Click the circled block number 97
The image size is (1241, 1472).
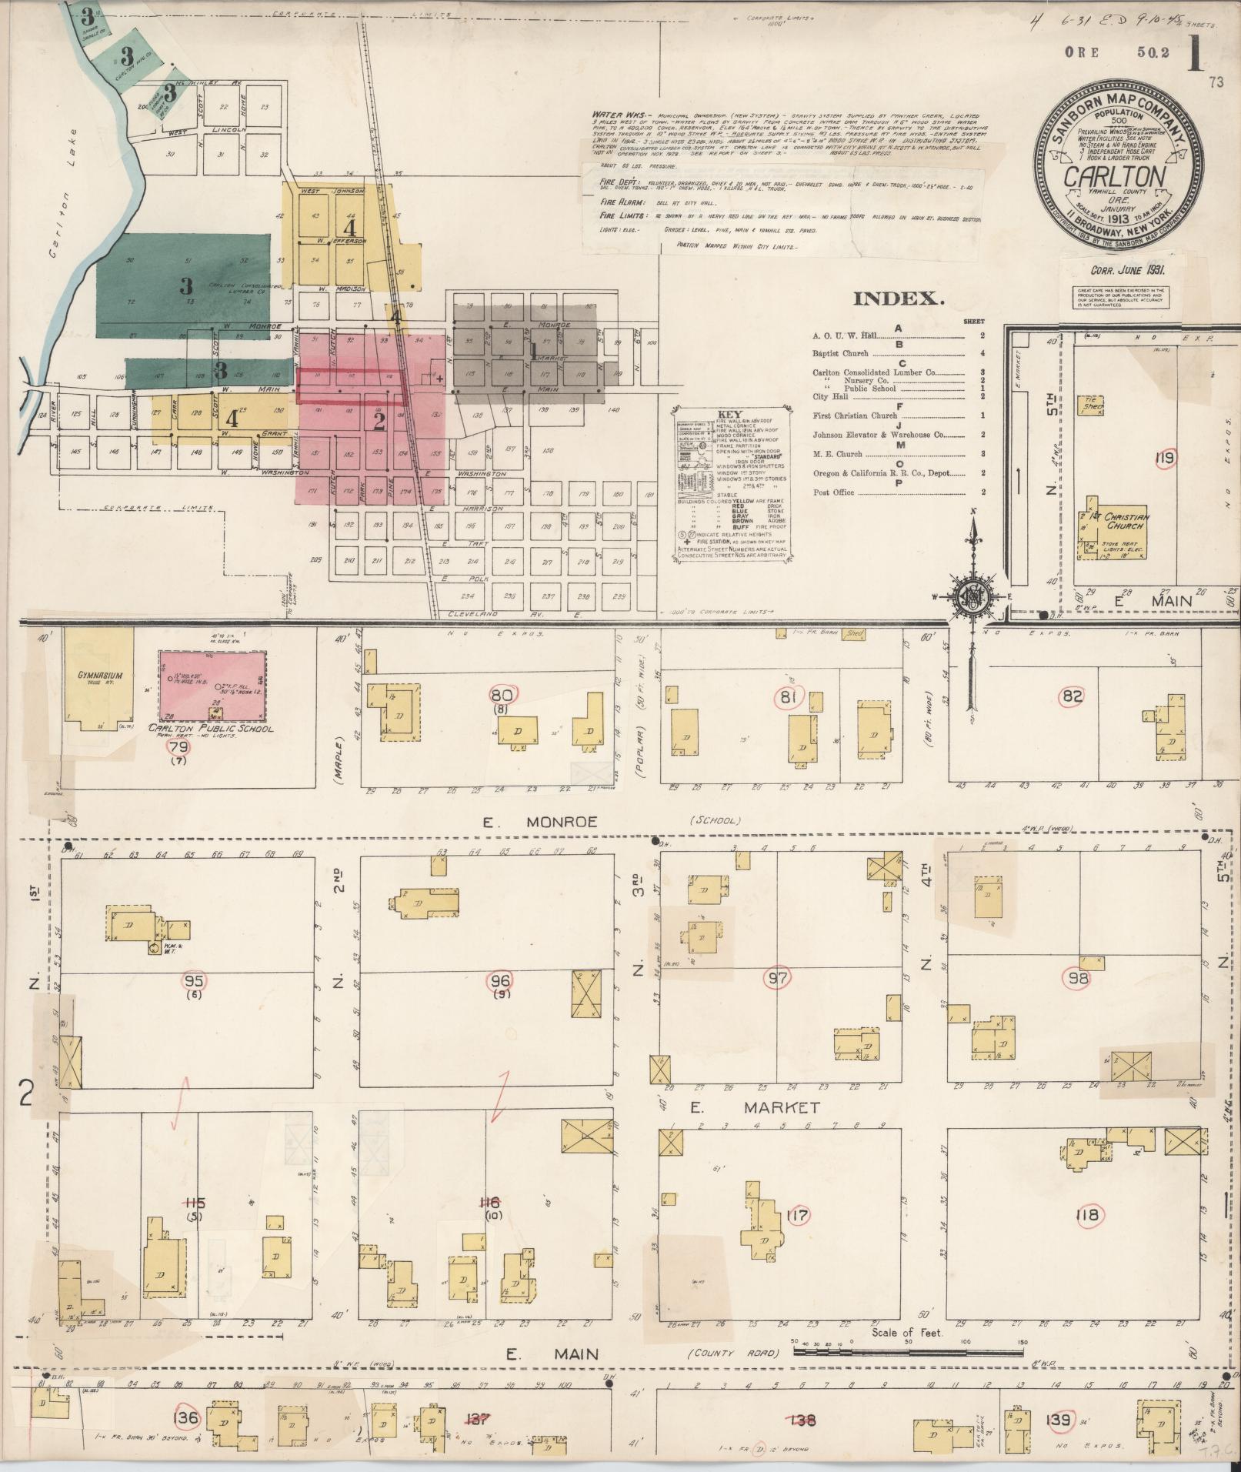click(776, 979)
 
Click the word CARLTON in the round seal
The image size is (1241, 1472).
click(1113, 177)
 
